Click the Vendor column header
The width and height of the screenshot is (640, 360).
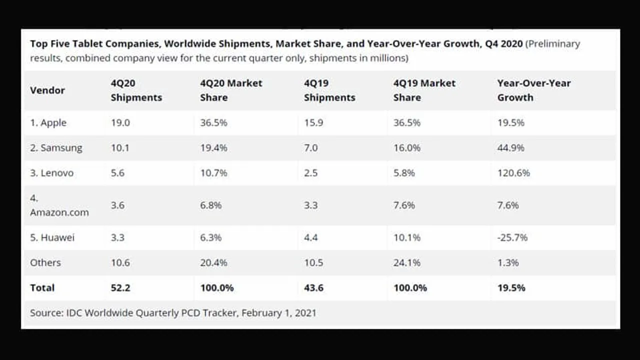click(47, 90)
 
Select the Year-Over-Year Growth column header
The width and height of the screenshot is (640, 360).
click(533, 90)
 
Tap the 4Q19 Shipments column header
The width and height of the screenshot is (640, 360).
click(329, 90)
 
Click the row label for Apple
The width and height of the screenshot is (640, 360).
click(48, 123)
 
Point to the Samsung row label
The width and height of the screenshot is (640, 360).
click(56, 148)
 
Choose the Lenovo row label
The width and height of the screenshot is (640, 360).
click(51, 173)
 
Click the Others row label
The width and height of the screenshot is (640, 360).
click(45, 263)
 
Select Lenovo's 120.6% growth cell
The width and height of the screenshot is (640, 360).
click(513, 173)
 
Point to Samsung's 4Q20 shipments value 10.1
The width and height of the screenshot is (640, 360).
click(120, 148)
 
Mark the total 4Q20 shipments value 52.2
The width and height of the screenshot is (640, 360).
click(120, 288)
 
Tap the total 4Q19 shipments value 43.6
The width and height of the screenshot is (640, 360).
click(313, 288)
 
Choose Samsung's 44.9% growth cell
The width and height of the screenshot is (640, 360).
click(510, 148)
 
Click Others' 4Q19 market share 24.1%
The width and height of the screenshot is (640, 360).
click(407, 263)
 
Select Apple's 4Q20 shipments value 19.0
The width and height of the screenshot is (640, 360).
click(120, 123)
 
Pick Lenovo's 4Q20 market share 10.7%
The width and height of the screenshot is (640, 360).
click(213, 173)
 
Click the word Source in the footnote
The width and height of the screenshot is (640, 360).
click(46, 313)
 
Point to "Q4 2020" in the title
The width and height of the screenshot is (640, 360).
click(503, 43)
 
